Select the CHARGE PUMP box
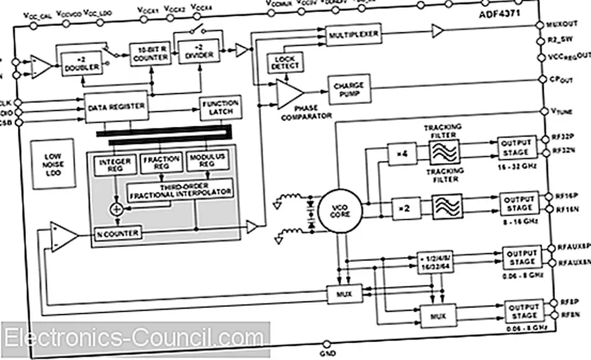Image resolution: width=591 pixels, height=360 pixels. click(349, 89)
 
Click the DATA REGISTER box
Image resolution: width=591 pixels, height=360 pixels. click(116, 106)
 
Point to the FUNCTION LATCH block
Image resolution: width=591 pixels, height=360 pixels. click(220, 107)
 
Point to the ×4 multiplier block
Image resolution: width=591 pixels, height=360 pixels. click(404, 155)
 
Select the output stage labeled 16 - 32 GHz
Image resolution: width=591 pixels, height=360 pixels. click(515, 148)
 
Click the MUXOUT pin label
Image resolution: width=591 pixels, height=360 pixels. click(568, 26)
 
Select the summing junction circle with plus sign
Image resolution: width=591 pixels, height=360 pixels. click(117, 209)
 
